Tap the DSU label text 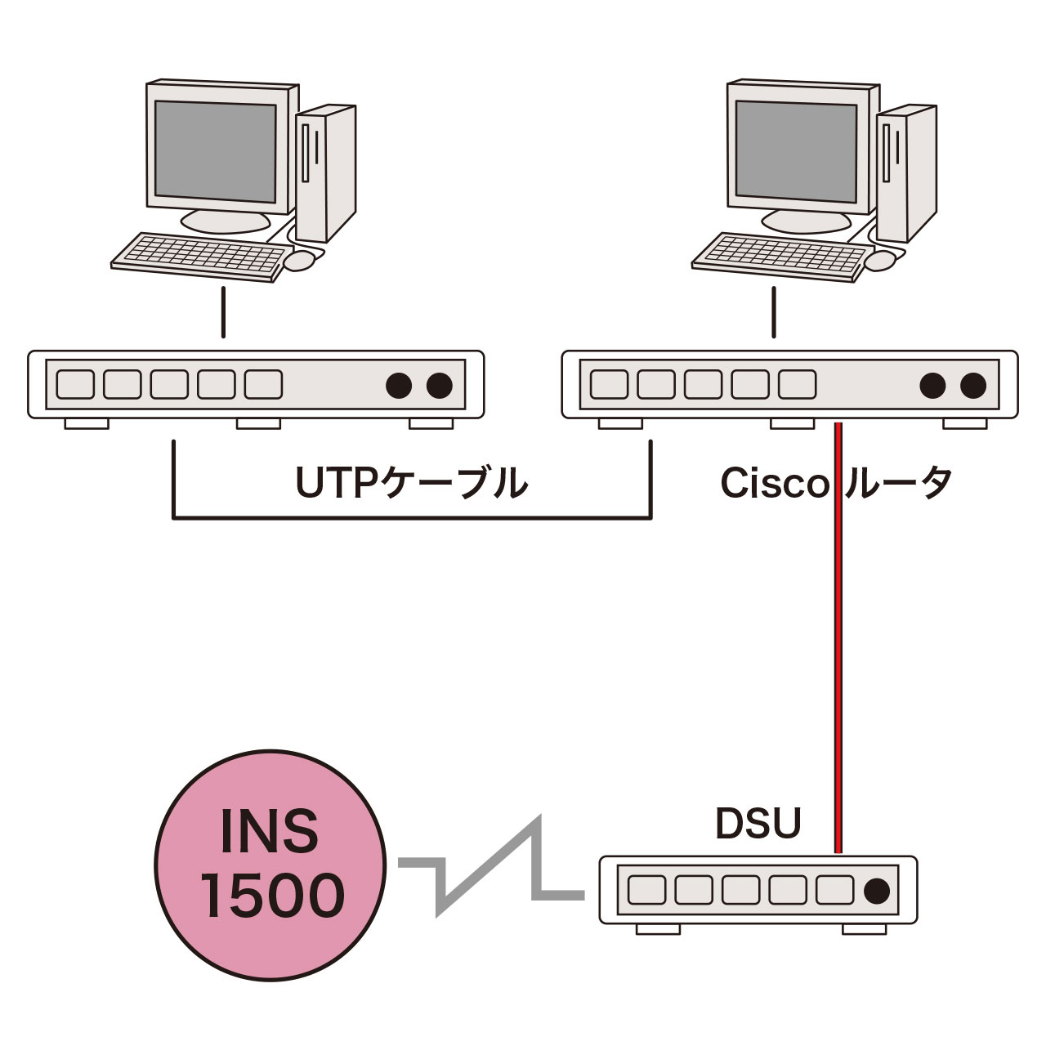758,824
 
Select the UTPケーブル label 411,484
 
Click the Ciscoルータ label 835,484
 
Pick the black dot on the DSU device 877,890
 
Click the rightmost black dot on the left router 440,384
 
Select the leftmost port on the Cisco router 608,384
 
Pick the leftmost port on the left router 74,384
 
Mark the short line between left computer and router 222,312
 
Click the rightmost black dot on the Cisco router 972,384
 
